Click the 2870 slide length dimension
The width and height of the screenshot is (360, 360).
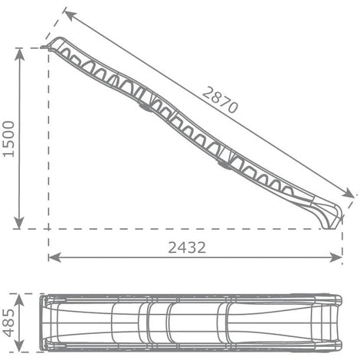(x=220, y=100)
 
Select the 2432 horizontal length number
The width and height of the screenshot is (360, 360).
(x=187, y=247)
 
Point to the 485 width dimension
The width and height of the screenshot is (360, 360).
(x=8, y=322)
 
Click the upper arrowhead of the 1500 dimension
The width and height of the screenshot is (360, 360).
(x=19, y=54)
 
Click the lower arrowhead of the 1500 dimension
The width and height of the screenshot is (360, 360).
(x=19, y=222)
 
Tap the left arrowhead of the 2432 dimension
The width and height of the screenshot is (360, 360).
(x=54, y=257)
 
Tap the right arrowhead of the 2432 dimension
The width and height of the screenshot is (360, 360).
(x=335, y=257)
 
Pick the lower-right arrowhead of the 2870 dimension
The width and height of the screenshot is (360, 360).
(x=348, y=192)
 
